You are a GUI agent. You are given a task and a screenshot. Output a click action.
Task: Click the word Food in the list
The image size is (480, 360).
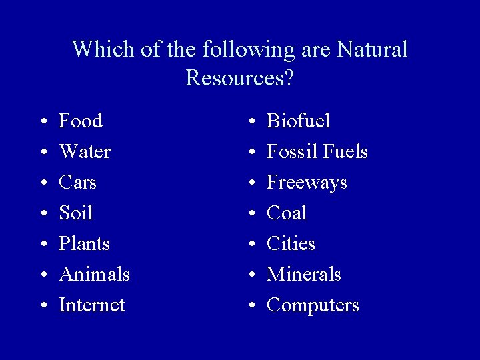point(81,121)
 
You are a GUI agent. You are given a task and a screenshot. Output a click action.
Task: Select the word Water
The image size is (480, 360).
point(85,152)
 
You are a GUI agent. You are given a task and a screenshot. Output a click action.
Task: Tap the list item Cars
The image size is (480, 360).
point(77,183)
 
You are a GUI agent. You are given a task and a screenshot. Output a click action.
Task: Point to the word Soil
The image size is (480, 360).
point(75,213)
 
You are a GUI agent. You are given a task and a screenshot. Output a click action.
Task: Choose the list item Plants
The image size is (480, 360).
point(84,244)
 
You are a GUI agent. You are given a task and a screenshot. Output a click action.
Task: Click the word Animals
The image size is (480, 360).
point(94,275)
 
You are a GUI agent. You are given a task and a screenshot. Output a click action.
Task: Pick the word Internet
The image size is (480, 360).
point(92,305)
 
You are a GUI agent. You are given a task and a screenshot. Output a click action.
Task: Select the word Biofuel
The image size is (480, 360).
point(298,121)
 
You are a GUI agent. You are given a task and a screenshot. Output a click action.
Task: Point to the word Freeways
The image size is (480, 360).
point(307,183)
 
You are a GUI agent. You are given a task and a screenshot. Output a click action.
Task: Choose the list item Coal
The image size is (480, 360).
point(287,213)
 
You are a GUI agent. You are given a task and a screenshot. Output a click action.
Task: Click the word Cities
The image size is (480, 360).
point(291,244)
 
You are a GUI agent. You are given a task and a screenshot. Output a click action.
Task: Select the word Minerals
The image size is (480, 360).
point(303,275)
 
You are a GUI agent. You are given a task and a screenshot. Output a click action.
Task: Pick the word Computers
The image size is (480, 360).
point(313,305)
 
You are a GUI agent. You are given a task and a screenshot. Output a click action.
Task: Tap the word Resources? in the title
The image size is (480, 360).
point(240,79)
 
